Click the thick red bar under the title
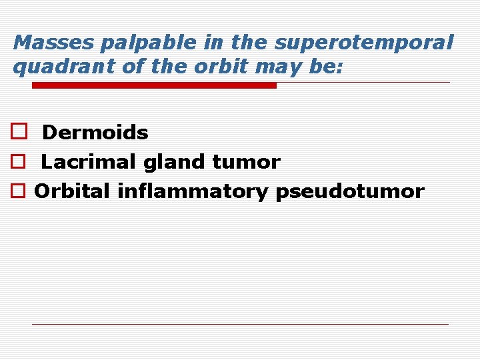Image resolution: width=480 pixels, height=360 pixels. click(x=154, y=85)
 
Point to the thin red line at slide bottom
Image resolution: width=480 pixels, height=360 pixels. click(x=240, y=324)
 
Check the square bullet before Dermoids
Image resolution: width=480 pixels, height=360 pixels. click(x=18, y=132)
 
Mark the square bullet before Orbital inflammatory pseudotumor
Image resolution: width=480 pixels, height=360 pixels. click(x=18, y=192)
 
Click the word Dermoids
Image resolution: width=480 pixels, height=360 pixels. click(x=95, y=133)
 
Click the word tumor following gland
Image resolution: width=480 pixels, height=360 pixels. click(x=246, y=162)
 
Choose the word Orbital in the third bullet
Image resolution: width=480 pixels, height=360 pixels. click(x=73, y=192)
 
